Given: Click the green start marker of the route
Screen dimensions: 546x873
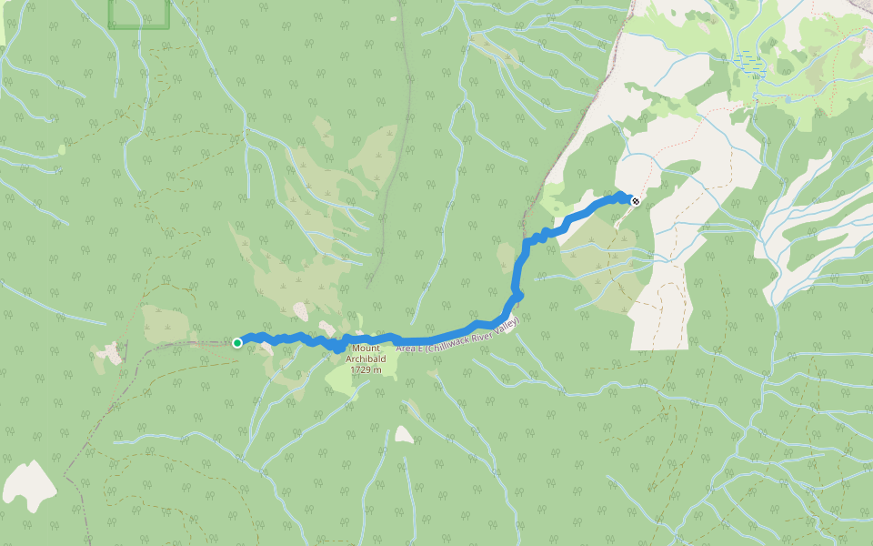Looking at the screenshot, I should [236, 342].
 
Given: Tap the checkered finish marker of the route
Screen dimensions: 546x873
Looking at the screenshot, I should [634, 201].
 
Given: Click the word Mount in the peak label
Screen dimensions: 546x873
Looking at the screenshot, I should [366, 349].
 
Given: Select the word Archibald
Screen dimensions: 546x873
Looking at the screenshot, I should [366, 359].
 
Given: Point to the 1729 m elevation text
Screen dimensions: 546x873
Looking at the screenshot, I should [366, 369].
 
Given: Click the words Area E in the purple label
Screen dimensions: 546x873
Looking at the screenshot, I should [409, 347].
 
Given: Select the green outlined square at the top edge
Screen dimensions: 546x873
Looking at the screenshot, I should [138, 13].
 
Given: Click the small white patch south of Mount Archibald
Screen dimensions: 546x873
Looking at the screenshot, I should [404, 436].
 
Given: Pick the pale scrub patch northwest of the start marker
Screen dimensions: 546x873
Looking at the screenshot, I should [167, 322].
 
